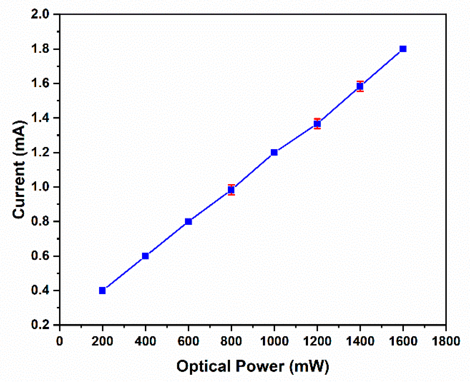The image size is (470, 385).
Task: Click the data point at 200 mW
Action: [102, 290]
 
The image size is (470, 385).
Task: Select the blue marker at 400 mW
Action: [145, 256]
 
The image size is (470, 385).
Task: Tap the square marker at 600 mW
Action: [188, 221]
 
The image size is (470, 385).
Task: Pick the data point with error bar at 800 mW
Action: [231, 190]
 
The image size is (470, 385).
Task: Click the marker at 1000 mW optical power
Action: [274, 152]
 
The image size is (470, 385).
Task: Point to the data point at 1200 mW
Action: [317, 123]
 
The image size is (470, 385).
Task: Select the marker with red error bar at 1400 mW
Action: [360, 86]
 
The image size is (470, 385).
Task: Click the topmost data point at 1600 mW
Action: [403, 49]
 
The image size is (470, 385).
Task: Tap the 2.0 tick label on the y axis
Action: [40, 14]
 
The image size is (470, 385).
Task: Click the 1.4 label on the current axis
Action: [40, 118]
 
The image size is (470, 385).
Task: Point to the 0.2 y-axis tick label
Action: [40, 325]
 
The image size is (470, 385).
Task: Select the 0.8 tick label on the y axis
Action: [40, 221]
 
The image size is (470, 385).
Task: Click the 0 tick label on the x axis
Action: [60, 341]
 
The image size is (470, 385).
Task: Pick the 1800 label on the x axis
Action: [446, 341]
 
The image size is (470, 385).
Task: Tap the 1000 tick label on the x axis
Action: [274, 341]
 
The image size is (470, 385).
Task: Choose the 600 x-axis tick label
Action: [188, 341]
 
